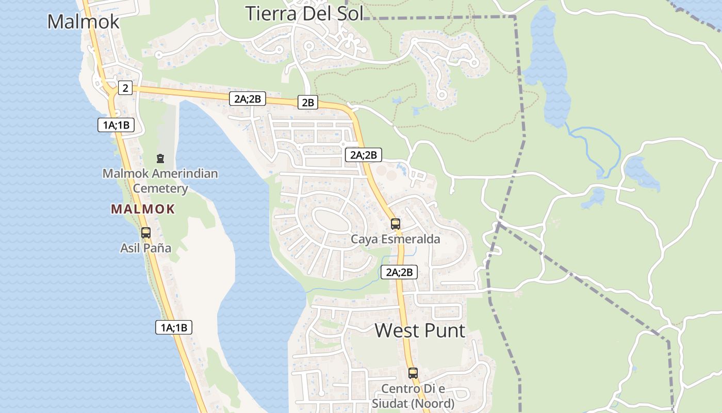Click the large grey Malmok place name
click(83, 22)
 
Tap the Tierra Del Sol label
click(304, 13)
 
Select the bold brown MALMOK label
click(143, 209)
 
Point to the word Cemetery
click(160, 188)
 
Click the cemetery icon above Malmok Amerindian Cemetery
click(160, 158)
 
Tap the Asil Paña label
click(145, 248)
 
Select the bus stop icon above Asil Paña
click(146, 233)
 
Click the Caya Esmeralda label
click(396, 239)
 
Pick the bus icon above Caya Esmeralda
click(396, 224)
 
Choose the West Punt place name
click(420, 330)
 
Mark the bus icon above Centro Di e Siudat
click(413, 373)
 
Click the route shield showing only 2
click(125, 88)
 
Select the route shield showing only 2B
click(308, 102)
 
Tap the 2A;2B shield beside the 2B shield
click(248, 99)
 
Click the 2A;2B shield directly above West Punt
click(399, 272)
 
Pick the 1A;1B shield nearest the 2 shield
click(116, 124)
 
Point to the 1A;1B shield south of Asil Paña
click(174, 327)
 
